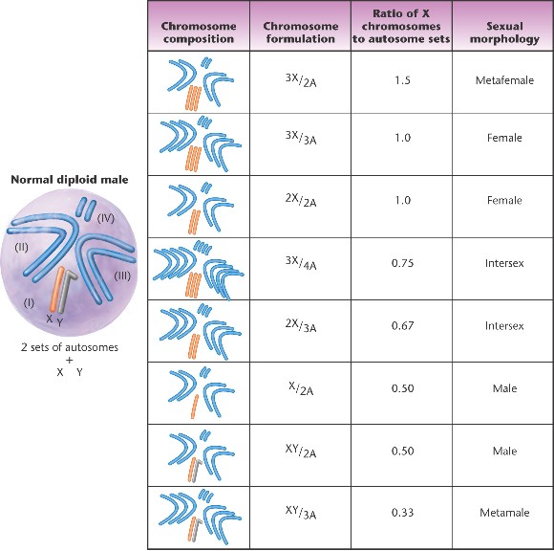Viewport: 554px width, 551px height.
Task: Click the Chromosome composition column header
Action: (x=199, y=33)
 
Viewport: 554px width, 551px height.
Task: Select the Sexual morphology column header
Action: (x=504, y=33)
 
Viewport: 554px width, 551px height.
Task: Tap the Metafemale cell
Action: (x=504, y=80)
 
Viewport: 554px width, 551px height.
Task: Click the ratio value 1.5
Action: (x=402, y=80)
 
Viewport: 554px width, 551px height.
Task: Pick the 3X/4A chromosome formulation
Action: (x=301, y=262)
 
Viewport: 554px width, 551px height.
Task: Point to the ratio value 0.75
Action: (x=402, y=263)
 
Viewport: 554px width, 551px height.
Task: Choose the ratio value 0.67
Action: (x=402, y=325)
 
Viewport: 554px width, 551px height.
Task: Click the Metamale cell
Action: (x=504, y=513)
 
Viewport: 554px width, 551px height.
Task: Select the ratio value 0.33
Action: (x=402, y=513)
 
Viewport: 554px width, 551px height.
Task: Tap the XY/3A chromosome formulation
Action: (x=301, y=512)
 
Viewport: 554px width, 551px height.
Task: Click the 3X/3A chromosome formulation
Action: (x=301, y=138)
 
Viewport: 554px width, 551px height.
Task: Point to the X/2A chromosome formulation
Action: (x=301, y=388)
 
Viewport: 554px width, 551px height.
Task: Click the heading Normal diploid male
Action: (x=70, y=180)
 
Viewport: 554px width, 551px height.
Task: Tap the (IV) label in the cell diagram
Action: (x=106, y=218)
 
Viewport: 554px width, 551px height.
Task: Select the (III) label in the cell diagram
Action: (x=122, y=275)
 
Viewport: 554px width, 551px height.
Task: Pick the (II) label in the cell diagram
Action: (x=21, y=247)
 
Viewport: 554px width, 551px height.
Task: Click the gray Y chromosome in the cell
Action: (x=64, y=292)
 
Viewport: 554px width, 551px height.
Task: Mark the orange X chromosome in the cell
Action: (x=56, y=289)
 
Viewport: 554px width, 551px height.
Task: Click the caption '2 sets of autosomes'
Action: (x=70, y=347)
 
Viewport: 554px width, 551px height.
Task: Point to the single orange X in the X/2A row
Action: (x=195, y=407)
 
